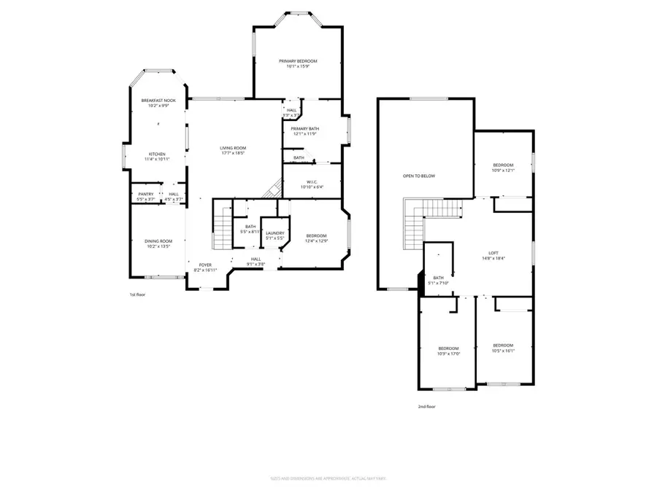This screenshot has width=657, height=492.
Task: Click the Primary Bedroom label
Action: click(298, 61)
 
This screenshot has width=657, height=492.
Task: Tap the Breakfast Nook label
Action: click(158, 101)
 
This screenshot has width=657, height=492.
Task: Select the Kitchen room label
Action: click(158, 154)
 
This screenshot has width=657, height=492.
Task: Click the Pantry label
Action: click(146, 194)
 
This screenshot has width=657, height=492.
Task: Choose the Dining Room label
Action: click(158, 241)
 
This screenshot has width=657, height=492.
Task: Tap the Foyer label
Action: click(206, 265)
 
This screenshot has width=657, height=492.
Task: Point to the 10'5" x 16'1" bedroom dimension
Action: click(503, 351)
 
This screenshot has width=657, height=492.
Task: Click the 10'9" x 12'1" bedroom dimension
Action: click(504, 171)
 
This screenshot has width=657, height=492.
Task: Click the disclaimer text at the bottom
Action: click(328, 478)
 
